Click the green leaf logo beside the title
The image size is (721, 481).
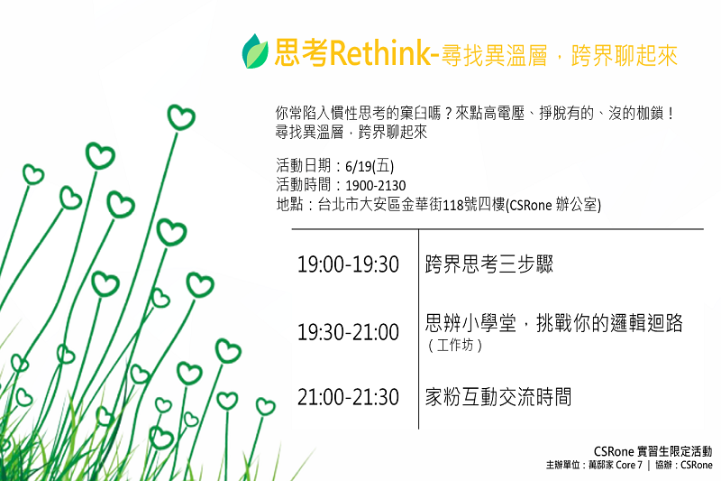tap(255, 51)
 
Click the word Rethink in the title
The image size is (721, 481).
tap(379, 53)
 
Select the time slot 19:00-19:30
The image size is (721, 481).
tap(348, 264)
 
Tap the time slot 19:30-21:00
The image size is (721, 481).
tap(348, 332)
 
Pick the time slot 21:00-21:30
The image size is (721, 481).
tap(348, 397)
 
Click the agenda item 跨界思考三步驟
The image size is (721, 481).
tap(488, 264)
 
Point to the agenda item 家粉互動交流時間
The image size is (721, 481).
tap(498, 397)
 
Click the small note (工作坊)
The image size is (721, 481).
tap(455, 345)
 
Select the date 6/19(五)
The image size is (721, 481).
tap(370, 166)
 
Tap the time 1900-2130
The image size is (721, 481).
tap(376, 186)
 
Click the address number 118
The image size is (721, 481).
tap(453, 205)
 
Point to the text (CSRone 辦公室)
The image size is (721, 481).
tap(553, 205)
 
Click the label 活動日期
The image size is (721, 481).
tap(304, 166)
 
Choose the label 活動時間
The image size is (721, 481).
tap(304, 185)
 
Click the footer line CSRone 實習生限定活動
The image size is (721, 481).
tap(653, 451)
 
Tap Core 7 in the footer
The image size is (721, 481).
tap(629, 466)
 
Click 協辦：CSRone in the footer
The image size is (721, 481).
tap(684, 466)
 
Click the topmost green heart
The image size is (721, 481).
tap(181, 117)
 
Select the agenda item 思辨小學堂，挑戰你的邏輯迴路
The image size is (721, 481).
tap(553, 323)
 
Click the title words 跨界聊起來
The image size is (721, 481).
tap(624, 56)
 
